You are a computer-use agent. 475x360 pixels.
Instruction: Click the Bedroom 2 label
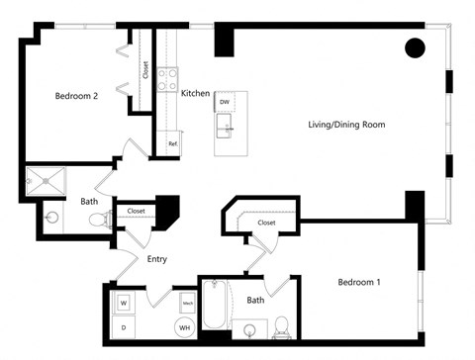click(75, 96)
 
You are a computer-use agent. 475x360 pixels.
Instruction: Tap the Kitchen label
click(195, 93)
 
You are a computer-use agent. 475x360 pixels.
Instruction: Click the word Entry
click(156, 259)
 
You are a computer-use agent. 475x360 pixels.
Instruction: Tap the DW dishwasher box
click(225, 102)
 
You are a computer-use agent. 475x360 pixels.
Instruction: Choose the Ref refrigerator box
click(172, 143)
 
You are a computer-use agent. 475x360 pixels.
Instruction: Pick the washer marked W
click(125, 302)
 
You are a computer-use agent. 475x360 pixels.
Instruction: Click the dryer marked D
click(125, 324)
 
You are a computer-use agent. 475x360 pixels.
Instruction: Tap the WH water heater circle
click(184, 325)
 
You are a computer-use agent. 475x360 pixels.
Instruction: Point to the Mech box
click(187, 303)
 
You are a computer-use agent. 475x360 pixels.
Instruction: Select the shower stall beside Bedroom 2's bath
click(46, 181)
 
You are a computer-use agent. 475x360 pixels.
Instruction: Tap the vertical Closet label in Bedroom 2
click(145, 70)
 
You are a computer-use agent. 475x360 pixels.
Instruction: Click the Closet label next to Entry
click(137, 211)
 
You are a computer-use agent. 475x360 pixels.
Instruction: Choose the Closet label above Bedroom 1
click(266, 223)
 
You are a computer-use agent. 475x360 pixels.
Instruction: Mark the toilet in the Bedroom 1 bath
click(280, 324)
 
